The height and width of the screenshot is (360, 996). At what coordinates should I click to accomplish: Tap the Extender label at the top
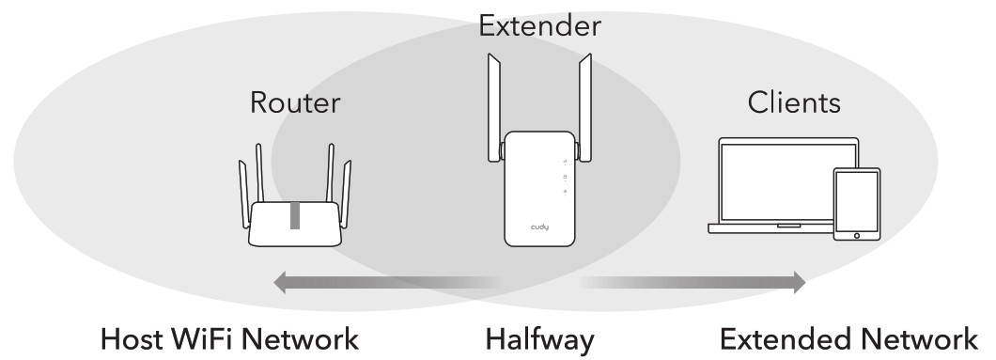point(538,25)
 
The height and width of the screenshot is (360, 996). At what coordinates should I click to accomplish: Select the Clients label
point(794,103)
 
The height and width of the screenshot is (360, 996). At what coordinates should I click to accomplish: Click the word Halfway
point(539,339)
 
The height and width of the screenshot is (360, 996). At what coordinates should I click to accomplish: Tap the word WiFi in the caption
point(218,338)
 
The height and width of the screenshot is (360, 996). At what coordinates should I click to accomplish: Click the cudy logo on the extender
point(538,227)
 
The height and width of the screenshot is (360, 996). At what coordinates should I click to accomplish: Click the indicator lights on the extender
point(564,177)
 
